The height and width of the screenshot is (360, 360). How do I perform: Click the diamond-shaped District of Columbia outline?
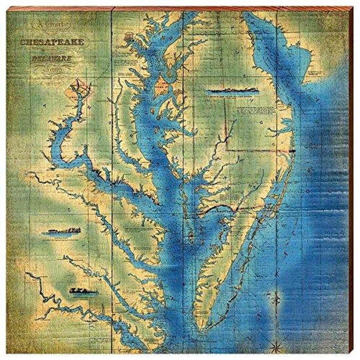point(77,90)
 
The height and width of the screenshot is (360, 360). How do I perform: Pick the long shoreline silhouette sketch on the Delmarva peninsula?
point(232,90)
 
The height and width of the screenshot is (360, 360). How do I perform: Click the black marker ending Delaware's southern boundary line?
point(292,151)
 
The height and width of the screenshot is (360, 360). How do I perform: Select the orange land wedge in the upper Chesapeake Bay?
point(162,86)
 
